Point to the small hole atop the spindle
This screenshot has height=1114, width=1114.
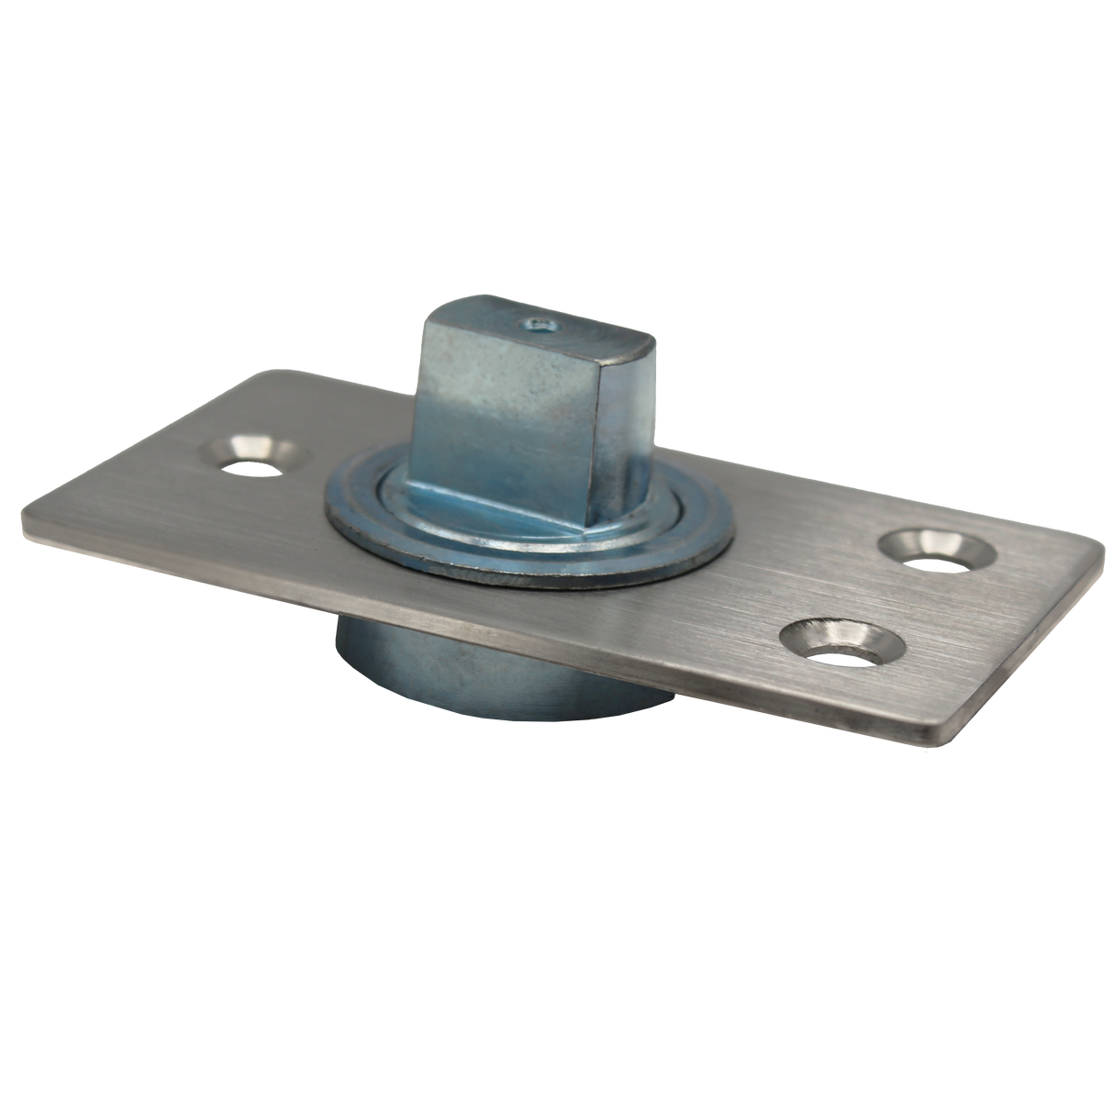[534, 324]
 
